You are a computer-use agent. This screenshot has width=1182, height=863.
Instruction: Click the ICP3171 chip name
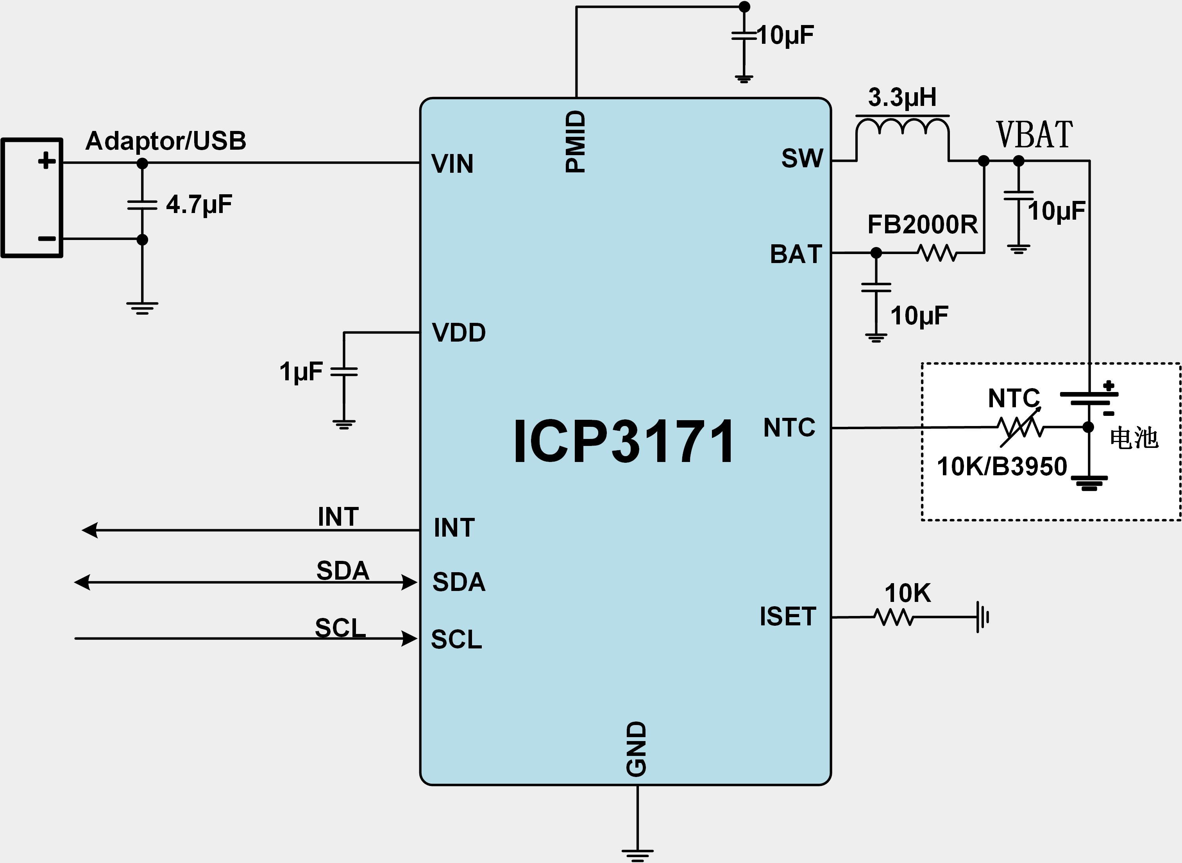[624, 441]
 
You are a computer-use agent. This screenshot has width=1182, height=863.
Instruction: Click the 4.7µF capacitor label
[199, 204]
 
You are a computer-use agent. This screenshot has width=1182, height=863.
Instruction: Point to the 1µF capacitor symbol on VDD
[344, 371]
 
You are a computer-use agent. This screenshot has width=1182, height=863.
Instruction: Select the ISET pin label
[788, 616]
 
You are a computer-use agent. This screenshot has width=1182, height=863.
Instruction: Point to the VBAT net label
[1034, 135]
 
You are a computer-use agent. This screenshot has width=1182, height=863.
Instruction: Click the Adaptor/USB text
[166, 141]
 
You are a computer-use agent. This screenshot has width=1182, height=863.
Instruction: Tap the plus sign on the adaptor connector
[46, 160]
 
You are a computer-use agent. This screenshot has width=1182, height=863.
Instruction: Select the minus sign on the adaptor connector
[46, 239]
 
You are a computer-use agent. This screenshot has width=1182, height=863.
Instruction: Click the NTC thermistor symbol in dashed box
[1020, 428]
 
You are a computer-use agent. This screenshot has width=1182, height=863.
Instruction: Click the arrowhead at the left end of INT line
[90, 530]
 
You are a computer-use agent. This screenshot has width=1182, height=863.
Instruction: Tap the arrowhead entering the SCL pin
[409, 638]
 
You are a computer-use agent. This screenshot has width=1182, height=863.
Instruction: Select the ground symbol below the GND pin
[637, 855]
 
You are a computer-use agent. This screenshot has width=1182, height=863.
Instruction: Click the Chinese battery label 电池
[1134, 438]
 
